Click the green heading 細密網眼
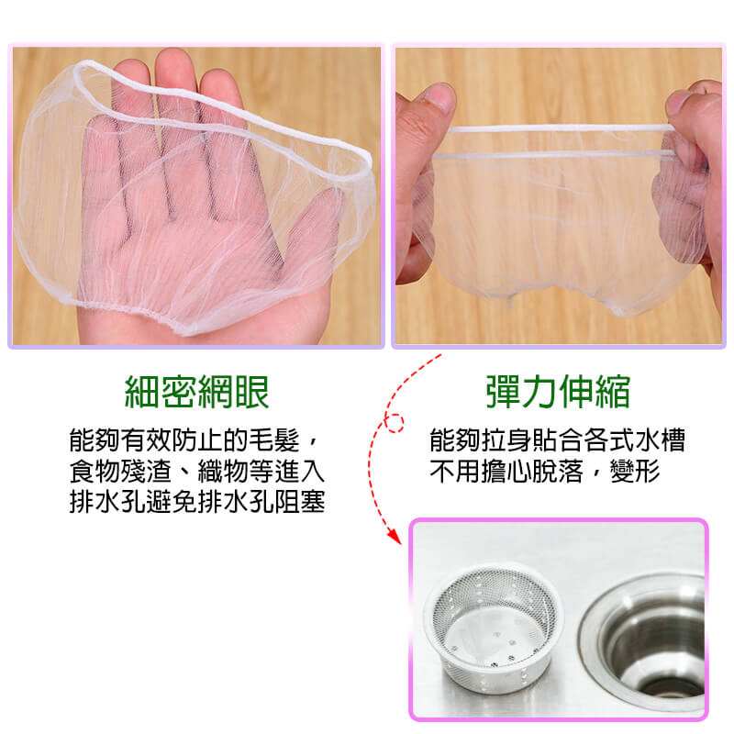(x=196, y=393)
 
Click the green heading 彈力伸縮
(x=558, y=392)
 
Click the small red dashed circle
(x=395, y=423)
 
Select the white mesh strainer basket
(x=494, y=628)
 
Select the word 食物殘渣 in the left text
(x=120, y=471)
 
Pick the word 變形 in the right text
(x=635, y=471)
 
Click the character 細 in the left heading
(x=142, y=393)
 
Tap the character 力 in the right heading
(x=539, y=392)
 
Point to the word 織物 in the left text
(x=223, y=471)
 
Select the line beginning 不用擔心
(x=545, y=471)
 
